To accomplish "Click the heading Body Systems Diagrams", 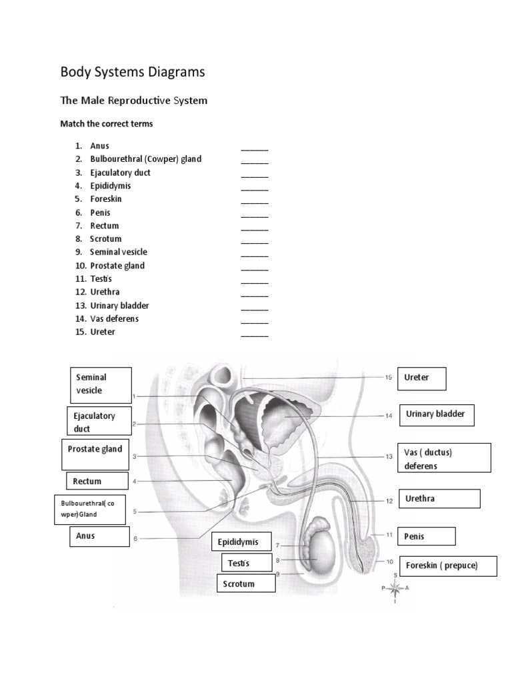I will pyautogui.click(x=133, y=72).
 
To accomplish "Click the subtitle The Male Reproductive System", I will pyautogui.click(x=133, y=101).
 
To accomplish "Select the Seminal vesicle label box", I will pyautogui.click(x=101, y=384).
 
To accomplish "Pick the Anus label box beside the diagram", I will pyautogui.click(x=99, y=536).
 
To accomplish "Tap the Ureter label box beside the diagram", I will pyautogui.click(x=421, y=378).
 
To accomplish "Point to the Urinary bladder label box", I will pyautogui.click(x=437, y=414).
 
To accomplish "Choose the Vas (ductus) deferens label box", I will pyautogui.click(x=444, y=459).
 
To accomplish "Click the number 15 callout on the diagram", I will pyautogui.click(x=389, y=378).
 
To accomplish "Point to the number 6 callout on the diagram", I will pyautogui.click(x=135, y=539).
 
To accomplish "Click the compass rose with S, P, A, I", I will pyautogui.click(x=395, y=587).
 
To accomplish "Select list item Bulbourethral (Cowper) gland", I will pyautogui.click(x=145, y=159).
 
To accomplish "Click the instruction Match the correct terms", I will pyautogui.click(x=107, y=124).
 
